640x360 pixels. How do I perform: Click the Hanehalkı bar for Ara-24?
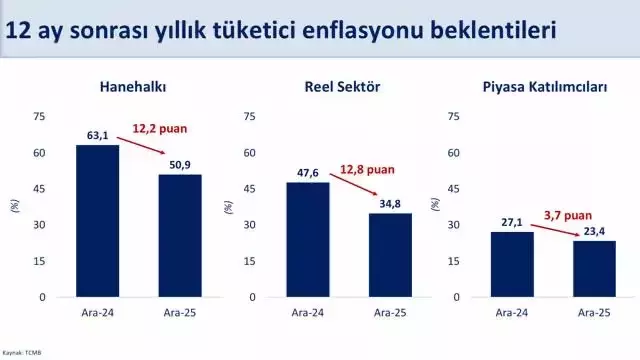97,221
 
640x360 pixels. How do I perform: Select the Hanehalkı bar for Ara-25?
180,236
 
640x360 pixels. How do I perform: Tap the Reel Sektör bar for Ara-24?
307,240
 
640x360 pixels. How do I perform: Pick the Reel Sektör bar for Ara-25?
390,255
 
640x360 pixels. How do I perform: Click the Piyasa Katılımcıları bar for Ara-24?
512,264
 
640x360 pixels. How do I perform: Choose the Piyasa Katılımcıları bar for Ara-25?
594,269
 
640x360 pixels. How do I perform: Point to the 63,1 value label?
97,136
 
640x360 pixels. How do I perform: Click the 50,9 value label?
180,165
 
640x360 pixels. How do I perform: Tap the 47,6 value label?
307,173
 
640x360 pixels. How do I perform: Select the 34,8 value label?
390,204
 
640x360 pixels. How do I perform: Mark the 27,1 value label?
512,222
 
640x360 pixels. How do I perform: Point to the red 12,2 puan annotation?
160,128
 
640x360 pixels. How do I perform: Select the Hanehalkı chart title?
132,87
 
